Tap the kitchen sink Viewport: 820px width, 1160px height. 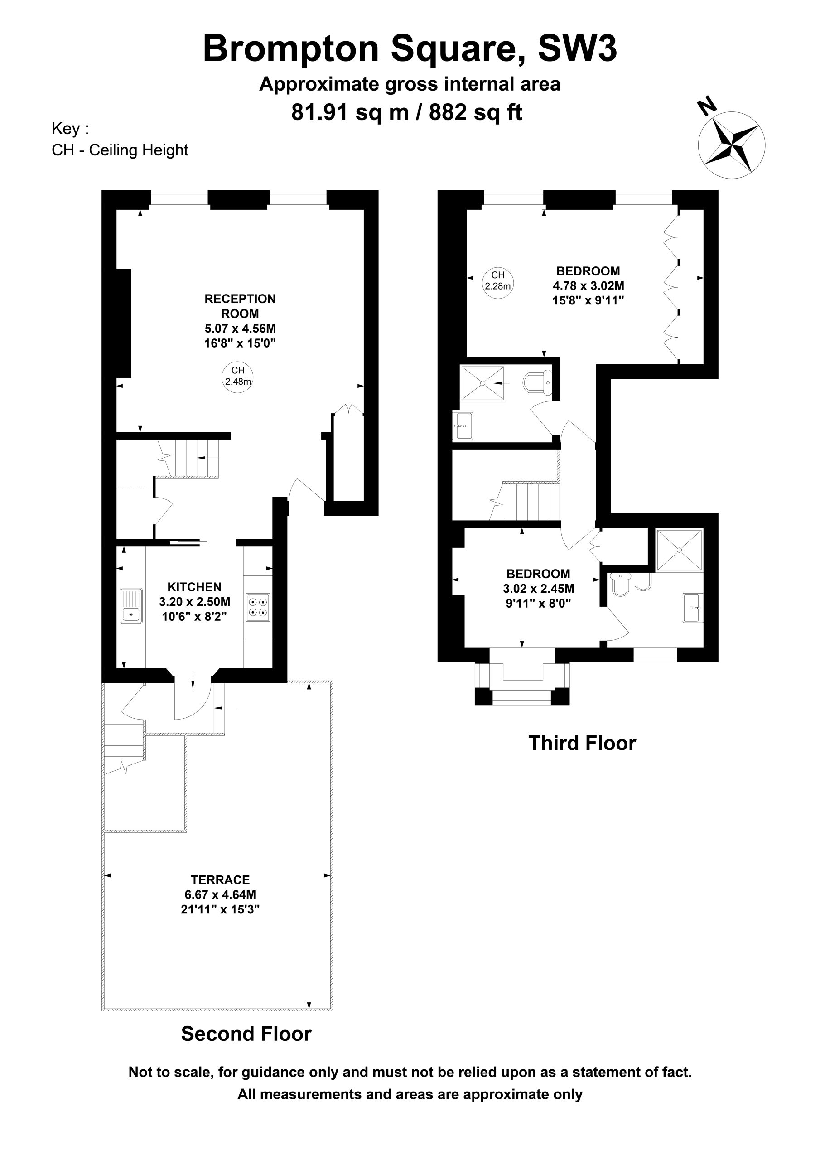[132, 605]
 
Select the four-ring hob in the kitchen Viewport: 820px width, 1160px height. [258, 607]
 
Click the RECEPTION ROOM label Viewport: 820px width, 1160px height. [240, 306]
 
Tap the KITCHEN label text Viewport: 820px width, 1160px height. [194, 587]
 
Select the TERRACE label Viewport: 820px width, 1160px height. [220, 880]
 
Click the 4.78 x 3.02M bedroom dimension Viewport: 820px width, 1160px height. [588, 286]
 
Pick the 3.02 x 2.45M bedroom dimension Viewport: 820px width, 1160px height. [539, 589]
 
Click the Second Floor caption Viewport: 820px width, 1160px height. [246, 1034]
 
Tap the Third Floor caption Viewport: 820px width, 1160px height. [582, 743]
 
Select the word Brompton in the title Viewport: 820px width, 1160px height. [291, 49]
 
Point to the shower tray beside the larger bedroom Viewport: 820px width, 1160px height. [482, 383]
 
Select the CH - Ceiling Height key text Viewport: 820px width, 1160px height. [120, 150]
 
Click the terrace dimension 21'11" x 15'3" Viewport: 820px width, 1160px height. [220, 909]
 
